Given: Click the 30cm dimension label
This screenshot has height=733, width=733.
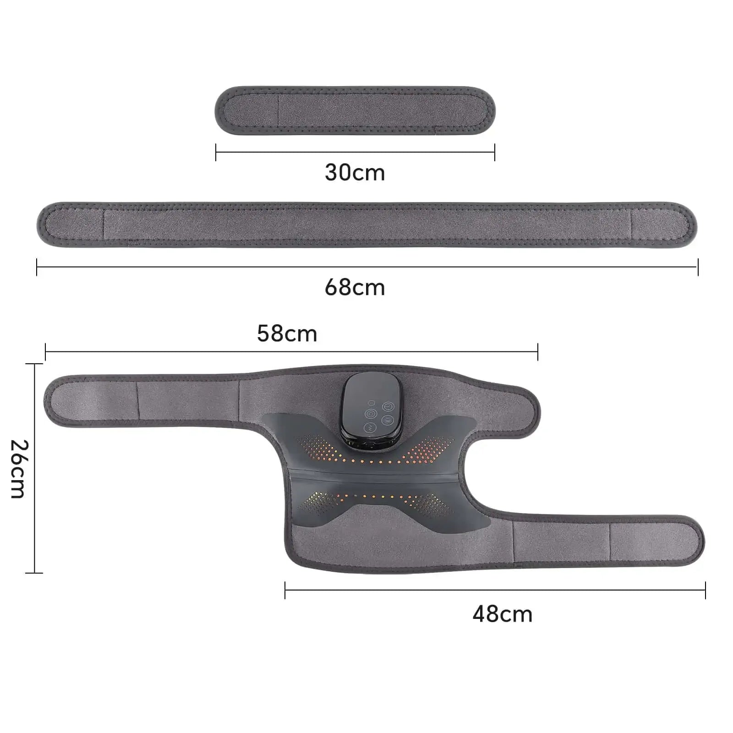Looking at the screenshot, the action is [355, 173].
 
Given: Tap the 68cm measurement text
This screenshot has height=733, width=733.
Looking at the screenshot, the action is [355, 288].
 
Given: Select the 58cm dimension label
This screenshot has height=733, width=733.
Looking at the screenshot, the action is [287, 334].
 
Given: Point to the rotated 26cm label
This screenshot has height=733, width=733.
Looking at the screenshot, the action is [19, 469].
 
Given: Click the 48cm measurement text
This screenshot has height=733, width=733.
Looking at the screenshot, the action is [503, 614].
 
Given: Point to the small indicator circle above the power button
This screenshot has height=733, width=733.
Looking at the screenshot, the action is [372, 403].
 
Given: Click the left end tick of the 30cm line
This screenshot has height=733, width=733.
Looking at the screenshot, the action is [216, 152].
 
